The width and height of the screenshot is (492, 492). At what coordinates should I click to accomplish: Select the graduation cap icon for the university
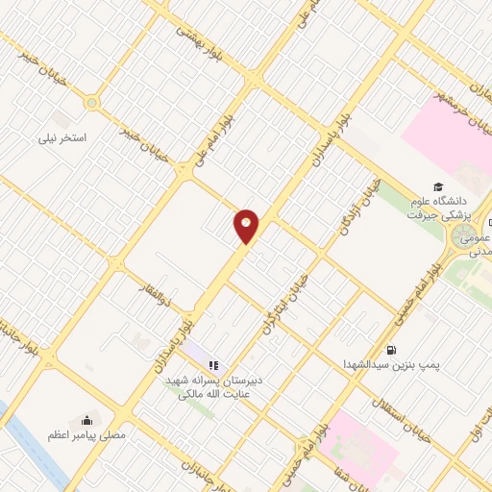click(437, 186)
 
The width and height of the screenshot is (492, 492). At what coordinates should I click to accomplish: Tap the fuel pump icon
click(391, 350)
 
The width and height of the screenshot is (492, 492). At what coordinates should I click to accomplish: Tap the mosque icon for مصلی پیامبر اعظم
click(87, 419)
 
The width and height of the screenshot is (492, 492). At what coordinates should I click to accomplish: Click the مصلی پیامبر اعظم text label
click(87, 435)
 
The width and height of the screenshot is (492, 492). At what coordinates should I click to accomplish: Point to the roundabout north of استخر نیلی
click(92, 102)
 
